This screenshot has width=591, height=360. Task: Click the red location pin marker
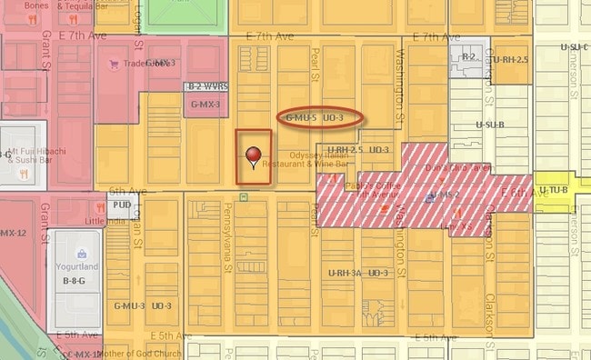(253, 155)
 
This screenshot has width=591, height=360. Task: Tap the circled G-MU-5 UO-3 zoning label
(315, 118)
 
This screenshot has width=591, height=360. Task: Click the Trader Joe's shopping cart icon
(115, 64)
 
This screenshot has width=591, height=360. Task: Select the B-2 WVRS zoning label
(206, 86)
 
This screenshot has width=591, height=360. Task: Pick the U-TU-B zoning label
(555, 189)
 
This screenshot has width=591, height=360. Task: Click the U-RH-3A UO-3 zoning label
(358, 273)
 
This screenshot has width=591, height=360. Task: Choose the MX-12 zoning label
(14, 233)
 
